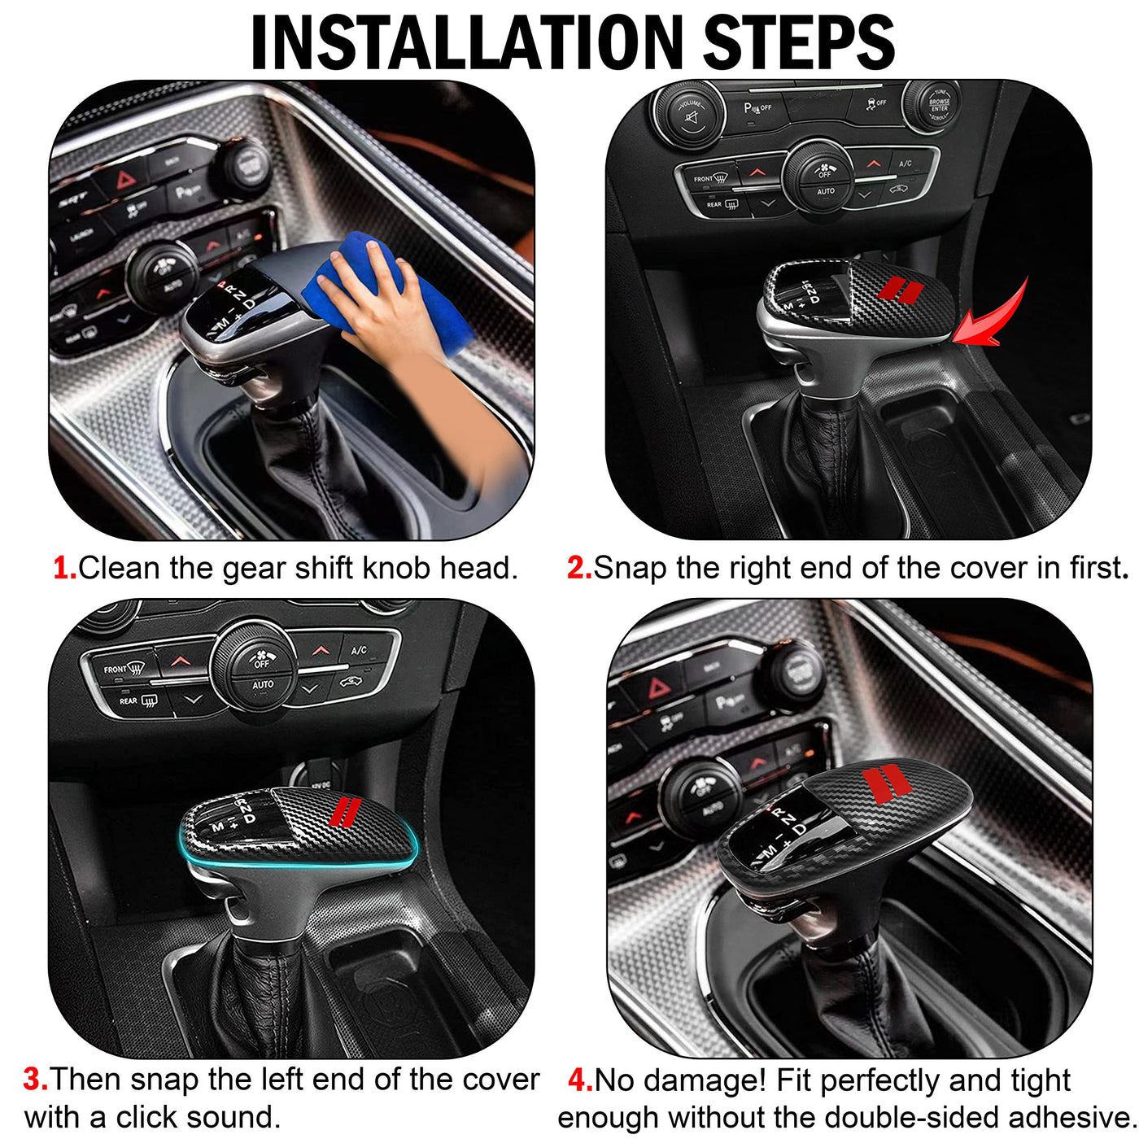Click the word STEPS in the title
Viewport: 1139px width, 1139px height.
pos(799,42)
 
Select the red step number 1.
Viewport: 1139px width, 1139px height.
pos(65,568)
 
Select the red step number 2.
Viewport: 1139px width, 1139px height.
pos(579,568)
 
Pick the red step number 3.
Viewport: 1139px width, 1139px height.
pos(36,1079)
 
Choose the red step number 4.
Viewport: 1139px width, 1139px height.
pos(580,1080)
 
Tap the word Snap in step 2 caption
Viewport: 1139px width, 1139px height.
pos(631,569)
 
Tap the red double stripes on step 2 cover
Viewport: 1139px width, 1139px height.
pos(900,290)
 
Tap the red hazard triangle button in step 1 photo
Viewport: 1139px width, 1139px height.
pos(125,178)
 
